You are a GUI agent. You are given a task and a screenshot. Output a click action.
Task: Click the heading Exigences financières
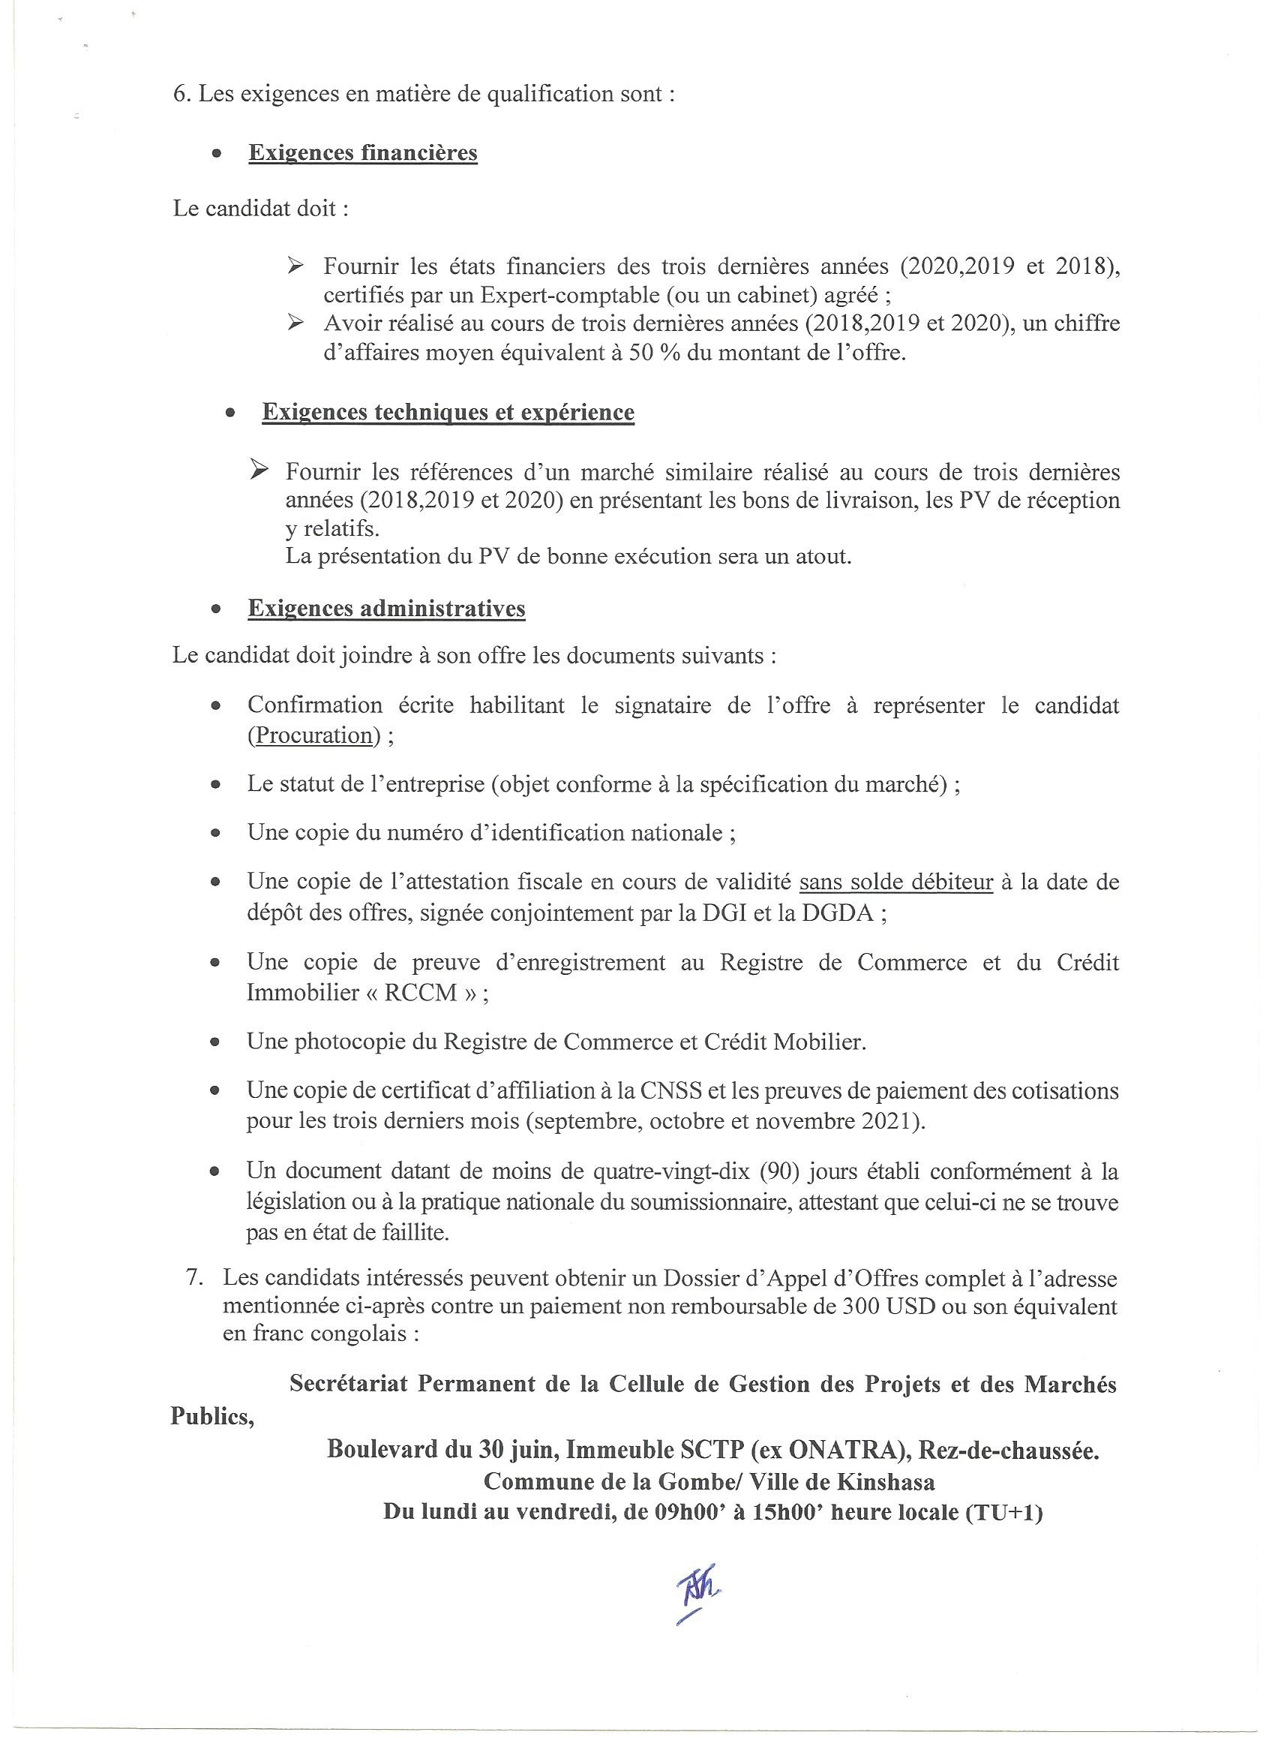tap(362, 153)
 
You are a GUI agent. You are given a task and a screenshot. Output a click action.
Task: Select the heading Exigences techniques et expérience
tap(448, 412)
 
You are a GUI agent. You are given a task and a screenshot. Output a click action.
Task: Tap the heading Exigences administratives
tap(386, 609)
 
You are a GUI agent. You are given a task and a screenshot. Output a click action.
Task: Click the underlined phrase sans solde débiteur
tap(895, 882)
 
